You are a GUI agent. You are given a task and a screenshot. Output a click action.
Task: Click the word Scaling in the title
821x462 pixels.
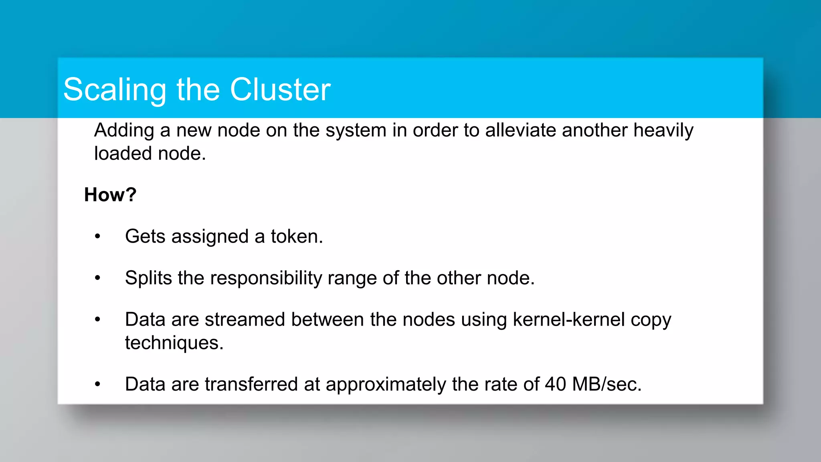click(115, 90)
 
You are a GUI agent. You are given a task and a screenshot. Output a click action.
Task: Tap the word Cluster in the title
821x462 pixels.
click(280, 90)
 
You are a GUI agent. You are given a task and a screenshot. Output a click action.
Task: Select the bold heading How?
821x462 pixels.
click(110, 195)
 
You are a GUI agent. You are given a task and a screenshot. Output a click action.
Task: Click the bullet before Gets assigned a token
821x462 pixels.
click(97, 237)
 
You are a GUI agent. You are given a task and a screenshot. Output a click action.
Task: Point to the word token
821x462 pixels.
click(297, 237)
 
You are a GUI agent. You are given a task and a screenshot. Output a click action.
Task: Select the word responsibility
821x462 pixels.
click(265, 278)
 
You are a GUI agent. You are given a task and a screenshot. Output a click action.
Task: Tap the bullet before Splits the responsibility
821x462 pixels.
click(97, 278)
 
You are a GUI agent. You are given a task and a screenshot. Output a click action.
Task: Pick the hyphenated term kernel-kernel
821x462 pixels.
click(569, 320)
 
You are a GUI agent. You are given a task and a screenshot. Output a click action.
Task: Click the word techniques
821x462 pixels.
click(174, 343)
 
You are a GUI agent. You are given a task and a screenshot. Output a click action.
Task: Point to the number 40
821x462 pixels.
click(555, 384)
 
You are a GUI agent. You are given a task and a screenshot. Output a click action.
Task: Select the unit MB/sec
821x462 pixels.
click(607, 384)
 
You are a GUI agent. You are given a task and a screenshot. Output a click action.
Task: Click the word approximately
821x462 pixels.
click(386, 384)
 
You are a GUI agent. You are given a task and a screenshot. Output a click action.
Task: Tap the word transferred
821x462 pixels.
click(251, 384)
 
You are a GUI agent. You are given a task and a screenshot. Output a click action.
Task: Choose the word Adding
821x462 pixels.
click(124, 131)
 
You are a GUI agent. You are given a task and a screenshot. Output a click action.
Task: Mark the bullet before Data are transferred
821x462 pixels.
click(97, 384)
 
